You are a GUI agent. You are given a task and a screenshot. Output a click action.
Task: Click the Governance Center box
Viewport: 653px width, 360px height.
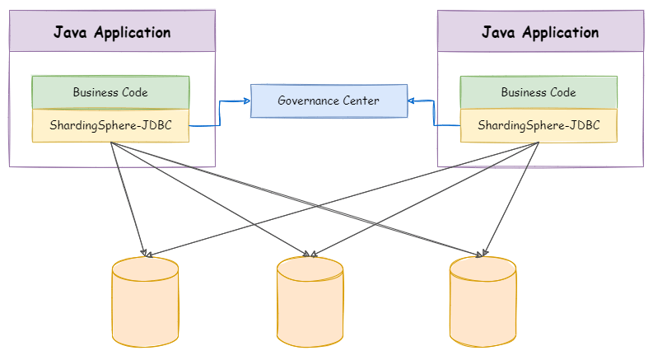(x=329, y=101)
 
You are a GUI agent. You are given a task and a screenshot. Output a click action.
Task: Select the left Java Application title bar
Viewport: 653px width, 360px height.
(x=113, y=31)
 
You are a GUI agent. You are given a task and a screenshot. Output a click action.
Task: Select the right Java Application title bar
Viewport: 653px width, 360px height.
(x=540, y=31)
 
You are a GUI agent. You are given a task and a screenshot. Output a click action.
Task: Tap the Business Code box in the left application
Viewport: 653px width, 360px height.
(x=111, y=92)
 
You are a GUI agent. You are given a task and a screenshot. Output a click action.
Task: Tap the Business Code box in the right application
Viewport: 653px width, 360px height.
(x=539, y=92)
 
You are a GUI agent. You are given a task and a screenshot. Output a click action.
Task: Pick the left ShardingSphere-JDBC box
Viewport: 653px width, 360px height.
(x=111, y=125)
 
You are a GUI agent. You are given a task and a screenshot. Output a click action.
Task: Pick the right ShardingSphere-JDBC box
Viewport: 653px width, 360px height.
(x=539, y=125)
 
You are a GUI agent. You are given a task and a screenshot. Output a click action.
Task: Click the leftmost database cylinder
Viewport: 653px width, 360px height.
(x=146, y=302)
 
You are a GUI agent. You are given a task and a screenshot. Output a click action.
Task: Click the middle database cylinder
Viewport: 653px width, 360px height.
(x=310, y=302)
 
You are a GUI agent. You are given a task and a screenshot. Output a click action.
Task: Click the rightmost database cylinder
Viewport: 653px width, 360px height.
(x=483, y=302)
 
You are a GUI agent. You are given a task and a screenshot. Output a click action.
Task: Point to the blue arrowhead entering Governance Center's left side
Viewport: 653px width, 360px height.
(x=247, y=101)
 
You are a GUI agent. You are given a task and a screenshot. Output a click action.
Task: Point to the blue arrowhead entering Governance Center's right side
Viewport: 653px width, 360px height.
(x=412, y=101)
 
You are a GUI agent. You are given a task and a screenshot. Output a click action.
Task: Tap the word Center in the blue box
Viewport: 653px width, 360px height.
(x=361, y=101)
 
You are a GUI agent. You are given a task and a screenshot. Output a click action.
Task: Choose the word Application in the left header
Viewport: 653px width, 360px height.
(x=133, y=33)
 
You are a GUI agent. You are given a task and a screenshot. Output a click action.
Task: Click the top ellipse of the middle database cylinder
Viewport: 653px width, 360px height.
(x=310, y=269)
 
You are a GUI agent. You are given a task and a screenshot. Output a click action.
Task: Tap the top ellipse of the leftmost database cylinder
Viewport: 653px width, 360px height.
(x=146, y=269)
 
